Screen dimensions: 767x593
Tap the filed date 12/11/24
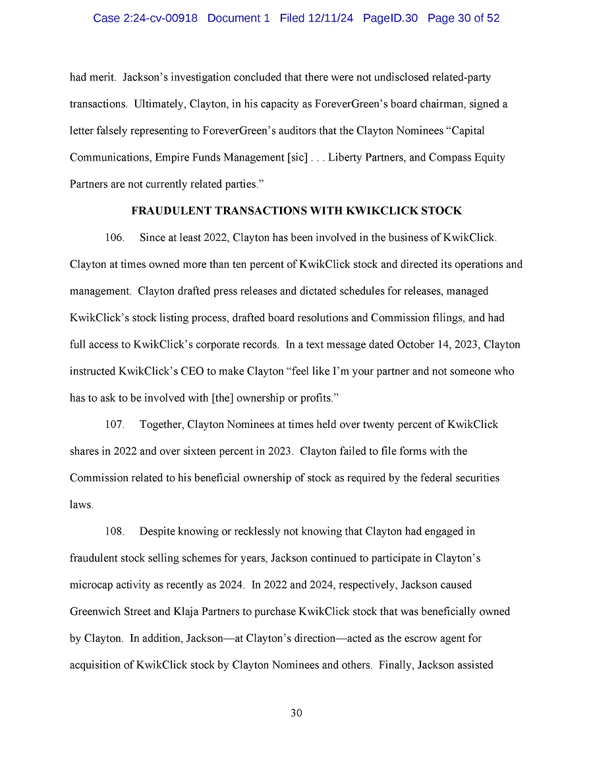click(330, 18)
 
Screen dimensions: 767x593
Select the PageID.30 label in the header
click(390, 18)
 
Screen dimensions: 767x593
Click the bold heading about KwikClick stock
click(296, 211)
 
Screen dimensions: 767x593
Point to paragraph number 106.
click(115, 238)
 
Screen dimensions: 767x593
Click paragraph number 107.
click(115, 425)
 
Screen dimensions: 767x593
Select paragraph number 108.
click(115, 531)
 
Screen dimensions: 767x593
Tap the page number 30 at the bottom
click(296, 713)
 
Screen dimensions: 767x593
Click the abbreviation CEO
click(194, 371)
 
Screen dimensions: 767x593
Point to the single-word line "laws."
click(82, 505)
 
